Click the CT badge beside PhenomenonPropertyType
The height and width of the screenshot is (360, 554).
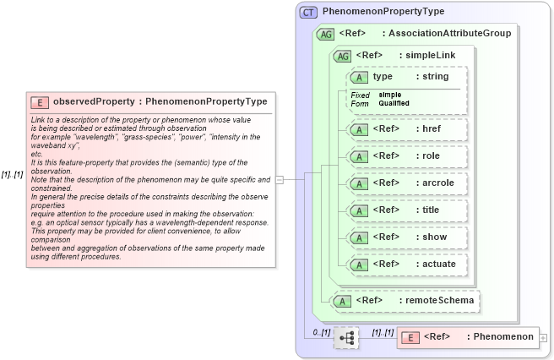click(x=308, y=12)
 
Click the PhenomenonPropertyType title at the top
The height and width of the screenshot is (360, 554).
click(x=383, y=12)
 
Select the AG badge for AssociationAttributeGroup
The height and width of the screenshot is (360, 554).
click(x=324, y=35)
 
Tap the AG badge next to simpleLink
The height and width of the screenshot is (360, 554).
click(x=344, y=56)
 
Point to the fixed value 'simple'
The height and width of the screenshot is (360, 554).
click(x=390, y=95)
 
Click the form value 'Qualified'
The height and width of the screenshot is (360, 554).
click(x=394, y=103)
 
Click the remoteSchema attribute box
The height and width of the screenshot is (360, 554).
click(x=405, y=299)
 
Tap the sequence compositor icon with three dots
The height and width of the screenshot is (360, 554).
click(x=346, y=337)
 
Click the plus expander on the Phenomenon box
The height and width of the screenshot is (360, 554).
click(x=543, y=338)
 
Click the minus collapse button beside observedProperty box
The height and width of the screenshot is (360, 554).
click(x=280, y=179)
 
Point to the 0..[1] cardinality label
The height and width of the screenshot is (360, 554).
click(x=321, y=332)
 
